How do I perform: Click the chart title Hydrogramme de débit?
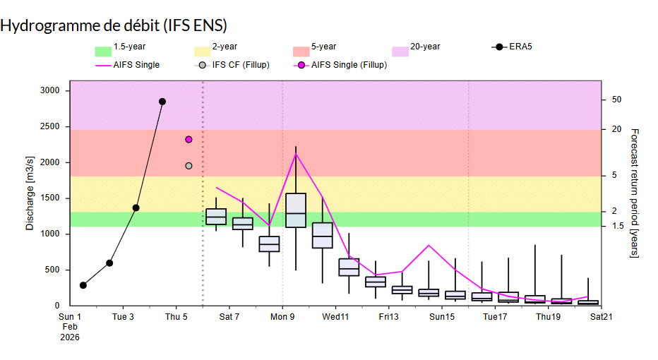113,25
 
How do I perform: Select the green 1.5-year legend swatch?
103,52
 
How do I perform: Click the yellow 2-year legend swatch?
202,52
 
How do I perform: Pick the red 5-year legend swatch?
301,52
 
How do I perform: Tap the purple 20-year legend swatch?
400,52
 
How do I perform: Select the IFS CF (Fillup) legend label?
241,66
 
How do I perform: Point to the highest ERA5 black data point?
162,102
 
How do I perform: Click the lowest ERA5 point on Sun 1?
83,285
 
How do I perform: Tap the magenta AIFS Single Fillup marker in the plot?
189,139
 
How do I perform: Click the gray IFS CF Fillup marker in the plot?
189,166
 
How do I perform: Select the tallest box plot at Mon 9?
296,210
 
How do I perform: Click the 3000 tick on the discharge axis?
50,91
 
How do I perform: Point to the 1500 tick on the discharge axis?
50,198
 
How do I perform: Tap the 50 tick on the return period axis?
616,100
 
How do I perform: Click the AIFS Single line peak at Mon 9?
296,152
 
